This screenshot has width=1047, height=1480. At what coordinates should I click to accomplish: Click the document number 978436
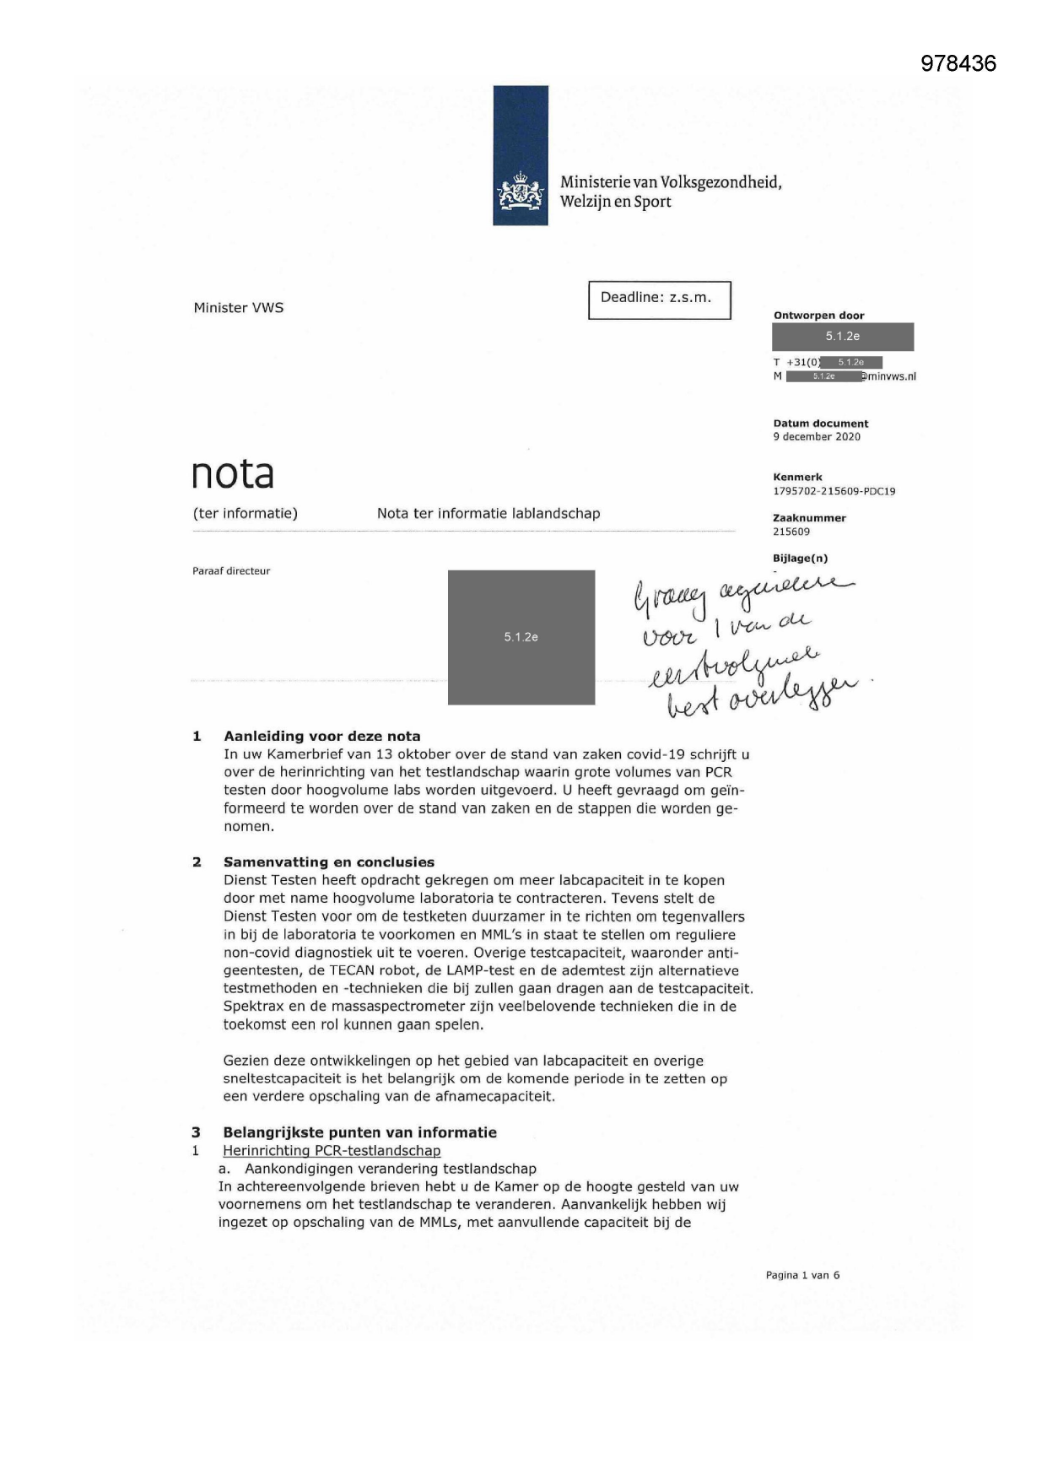pos(958,63)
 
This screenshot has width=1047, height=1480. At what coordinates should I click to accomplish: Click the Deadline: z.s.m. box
pos(659,300)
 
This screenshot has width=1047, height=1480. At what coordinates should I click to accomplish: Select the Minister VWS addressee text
pos(239,308)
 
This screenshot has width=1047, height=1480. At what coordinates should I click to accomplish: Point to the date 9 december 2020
pos(817,437)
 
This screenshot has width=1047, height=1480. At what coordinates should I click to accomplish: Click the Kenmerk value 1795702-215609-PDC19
pos(834,491)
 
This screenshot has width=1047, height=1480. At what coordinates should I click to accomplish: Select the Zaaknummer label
pos(809,518)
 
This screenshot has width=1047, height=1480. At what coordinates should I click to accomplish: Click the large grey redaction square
pos(521,637)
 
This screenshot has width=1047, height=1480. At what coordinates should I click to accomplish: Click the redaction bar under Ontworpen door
pos(842,337)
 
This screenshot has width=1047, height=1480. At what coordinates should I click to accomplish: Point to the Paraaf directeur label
pos(231,571)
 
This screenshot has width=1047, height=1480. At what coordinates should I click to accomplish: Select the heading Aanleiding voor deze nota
pos(321,736)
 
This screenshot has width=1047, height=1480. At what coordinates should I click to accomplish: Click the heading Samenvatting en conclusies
pos(328,862)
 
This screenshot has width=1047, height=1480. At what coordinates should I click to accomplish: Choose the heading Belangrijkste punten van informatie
pos(359,1132)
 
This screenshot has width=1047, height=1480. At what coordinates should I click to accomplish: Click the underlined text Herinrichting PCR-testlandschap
pos(331,1151)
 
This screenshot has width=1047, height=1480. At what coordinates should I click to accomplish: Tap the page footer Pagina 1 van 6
pos(802,1275)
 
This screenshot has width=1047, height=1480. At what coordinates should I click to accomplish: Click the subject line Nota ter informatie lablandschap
pos(488,514)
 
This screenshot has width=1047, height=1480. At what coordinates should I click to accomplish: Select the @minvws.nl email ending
pos(889,377)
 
